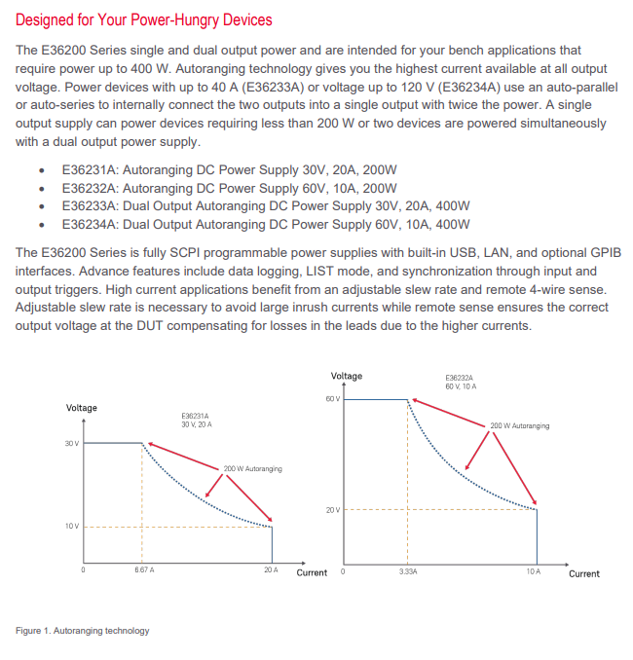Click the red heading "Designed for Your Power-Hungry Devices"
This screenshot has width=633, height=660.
click(x=143, y=19)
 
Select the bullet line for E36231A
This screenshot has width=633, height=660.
click(x=229, y=170)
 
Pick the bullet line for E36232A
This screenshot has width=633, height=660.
click(x=229, y=188)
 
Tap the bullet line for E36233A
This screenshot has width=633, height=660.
click(x=266, y=206)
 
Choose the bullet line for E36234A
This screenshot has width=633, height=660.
click(x=266, y=224)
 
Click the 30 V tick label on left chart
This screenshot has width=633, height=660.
click(x=72, y=443)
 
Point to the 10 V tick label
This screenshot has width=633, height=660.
click(x=72, y=526)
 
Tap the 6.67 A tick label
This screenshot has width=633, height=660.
click(x=144, y=569)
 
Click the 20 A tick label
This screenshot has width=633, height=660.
click(x=271, y=569)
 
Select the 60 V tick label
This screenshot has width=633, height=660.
click(x=333, y=398)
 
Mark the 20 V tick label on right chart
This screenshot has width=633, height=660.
click(x=333, y=510)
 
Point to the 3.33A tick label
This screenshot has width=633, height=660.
click(x=408, y=571)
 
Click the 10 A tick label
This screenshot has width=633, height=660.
click(x=534, y=571)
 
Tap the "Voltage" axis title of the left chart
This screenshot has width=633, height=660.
click(x=81, y=408)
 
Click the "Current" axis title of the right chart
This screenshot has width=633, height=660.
click(x=584, y=573)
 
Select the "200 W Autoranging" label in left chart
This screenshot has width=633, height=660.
click(x=252, y=468)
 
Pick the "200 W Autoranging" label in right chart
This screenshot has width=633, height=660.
click(x=520, y=425)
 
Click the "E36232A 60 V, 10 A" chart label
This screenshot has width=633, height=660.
click(x=461, y=383)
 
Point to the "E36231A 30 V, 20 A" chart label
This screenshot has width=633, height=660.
click(x=197, y=421)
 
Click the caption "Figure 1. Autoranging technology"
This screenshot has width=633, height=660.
click(x=83, y=631)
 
